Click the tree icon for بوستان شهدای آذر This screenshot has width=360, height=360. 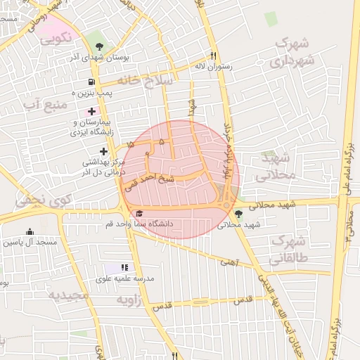[x=99, y=48]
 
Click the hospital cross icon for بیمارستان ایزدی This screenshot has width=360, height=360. [x=91, y=111]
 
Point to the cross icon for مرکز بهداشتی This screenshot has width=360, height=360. [x=104, y=151]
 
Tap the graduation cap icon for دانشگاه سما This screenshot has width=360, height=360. [x=139, y=213]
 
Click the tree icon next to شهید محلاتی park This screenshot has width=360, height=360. [x=238, y=213]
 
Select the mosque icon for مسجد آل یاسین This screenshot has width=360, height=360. [x=30, y=232]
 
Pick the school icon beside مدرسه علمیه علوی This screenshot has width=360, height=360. [x=124, y=267]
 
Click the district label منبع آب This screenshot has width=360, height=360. [x=44, y=105]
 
